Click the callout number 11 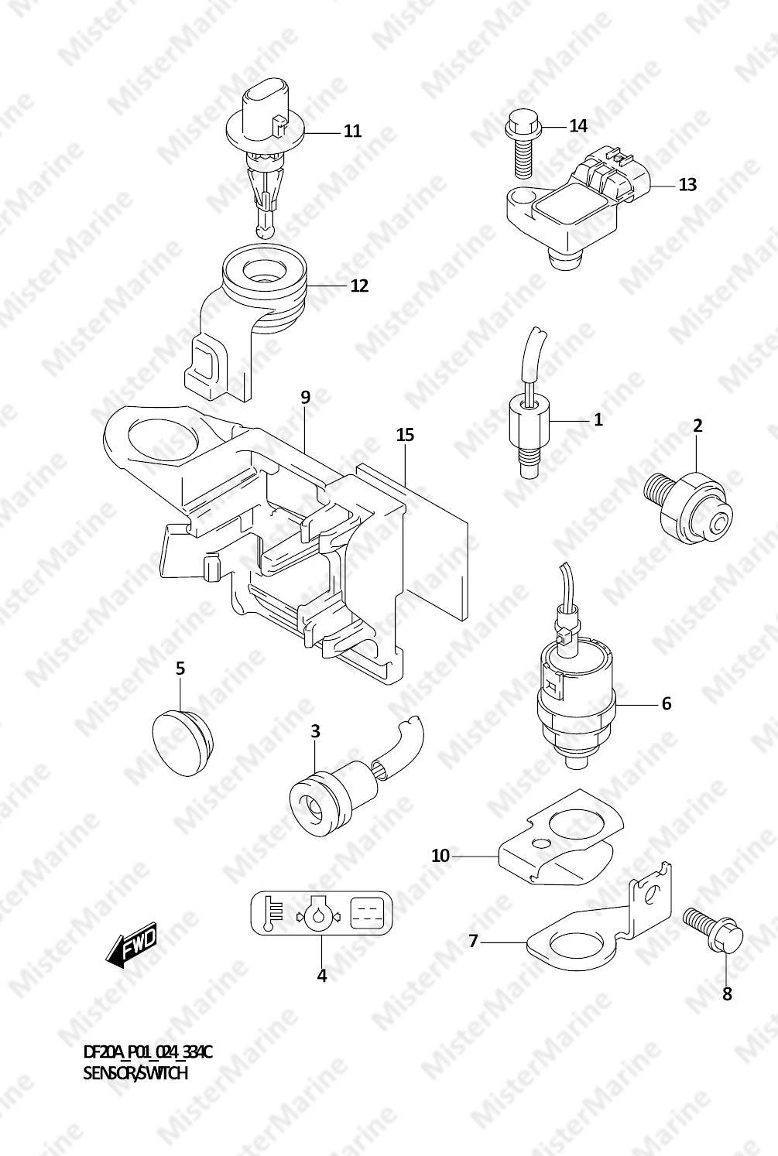pos(352,131)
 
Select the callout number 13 pos(687,184)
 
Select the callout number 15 pos(406,435)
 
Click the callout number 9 pos(305,398)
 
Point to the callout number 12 pos(359,286)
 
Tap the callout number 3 pos(315,731)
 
